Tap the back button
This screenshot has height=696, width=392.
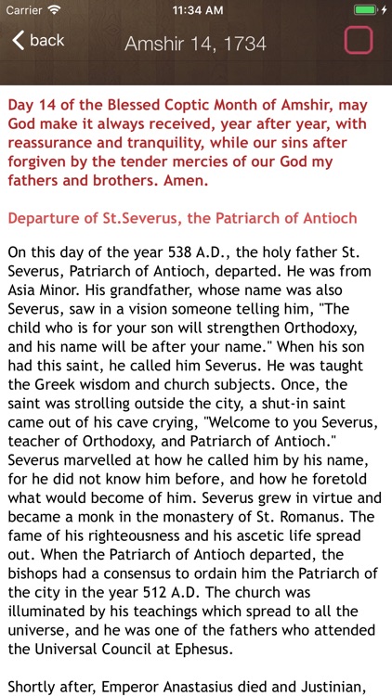(38, 40)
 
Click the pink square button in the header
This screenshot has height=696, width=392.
(359, 40)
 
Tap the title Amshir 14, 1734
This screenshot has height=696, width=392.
(195, 44)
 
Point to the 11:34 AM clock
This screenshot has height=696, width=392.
(195, 9)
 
